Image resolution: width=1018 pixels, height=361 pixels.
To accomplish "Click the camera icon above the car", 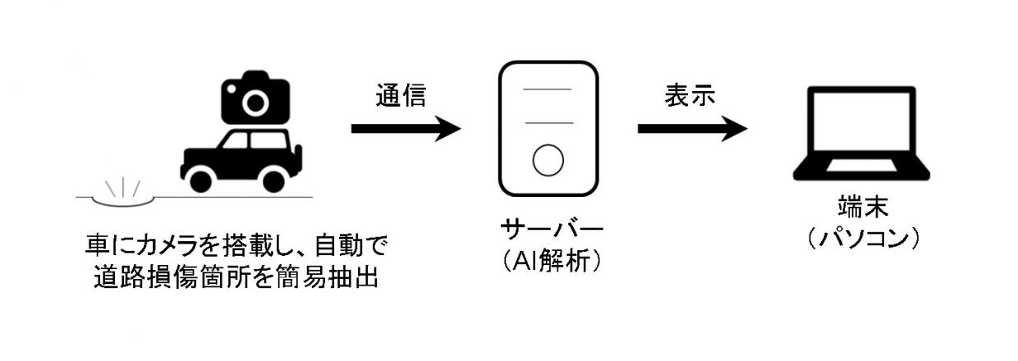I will click(x=255, y=98).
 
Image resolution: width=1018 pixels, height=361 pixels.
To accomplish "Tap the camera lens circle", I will click(x=255, y=103).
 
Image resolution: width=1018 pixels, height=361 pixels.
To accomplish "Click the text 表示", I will click(x=690, y=95).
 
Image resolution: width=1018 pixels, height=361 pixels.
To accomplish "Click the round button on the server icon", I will click(x=548, y=160).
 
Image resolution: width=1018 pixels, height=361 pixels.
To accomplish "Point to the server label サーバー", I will click(x=548, y=228).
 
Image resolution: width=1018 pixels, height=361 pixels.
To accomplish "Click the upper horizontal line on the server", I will click(x=548, y=89).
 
